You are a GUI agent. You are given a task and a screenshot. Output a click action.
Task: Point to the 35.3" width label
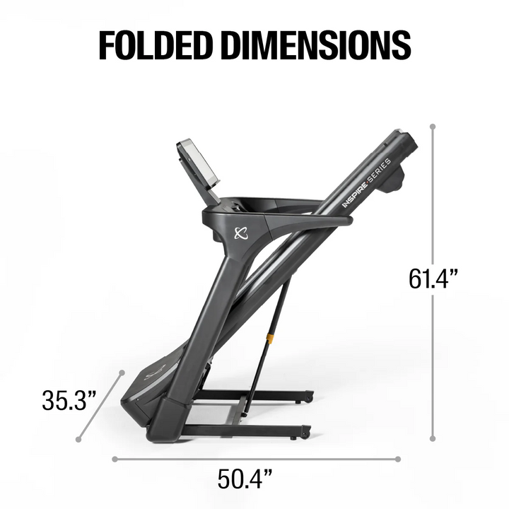point(69,401)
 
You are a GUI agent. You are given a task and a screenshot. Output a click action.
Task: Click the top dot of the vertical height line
point(433,128)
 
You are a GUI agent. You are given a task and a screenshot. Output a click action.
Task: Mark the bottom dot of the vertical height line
point(433,440)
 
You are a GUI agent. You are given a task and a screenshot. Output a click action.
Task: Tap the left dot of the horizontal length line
point(114,458)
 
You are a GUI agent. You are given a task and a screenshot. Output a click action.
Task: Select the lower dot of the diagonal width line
point(78,440)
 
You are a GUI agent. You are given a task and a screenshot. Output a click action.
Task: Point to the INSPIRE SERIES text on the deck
point(366,183)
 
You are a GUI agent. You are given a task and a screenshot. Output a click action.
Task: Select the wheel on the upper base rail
point(308,399)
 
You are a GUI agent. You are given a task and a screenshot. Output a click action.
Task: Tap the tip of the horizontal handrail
point(346,221)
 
